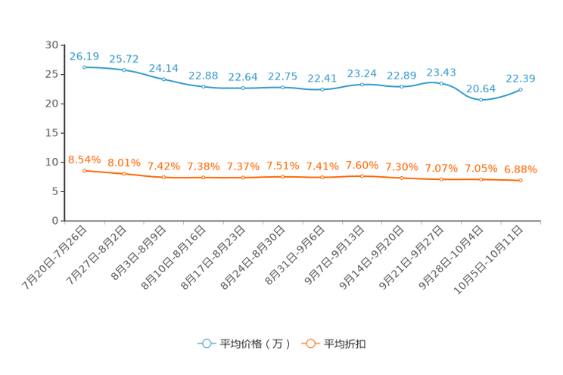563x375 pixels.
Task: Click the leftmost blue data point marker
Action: coord(84,67)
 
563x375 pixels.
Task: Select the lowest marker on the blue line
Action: coord(481,100)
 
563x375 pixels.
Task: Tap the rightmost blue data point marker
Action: coord(521,89)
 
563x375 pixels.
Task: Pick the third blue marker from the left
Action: coord(163,79)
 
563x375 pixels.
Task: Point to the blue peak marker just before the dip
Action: coord(441,82)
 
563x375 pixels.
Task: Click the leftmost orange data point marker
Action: coord(84,170)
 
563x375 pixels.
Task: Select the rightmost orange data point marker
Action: coord(521,180)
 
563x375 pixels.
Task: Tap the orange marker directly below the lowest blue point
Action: coord(481,179)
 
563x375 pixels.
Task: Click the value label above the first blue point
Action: coord(84,55)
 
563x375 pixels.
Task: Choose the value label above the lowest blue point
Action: coord(481,88)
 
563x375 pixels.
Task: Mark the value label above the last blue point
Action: coord(521,78)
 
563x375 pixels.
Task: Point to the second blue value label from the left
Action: coord(123,58)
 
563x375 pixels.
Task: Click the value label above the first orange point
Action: coord(84,160)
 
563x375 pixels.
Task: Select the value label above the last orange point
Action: coord(521,169)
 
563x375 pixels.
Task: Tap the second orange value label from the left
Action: coord(123,163)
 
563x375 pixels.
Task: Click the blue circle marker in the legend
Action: coord(206,344)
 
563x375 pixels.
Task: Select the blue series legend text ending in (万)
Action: coord(255,344)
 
